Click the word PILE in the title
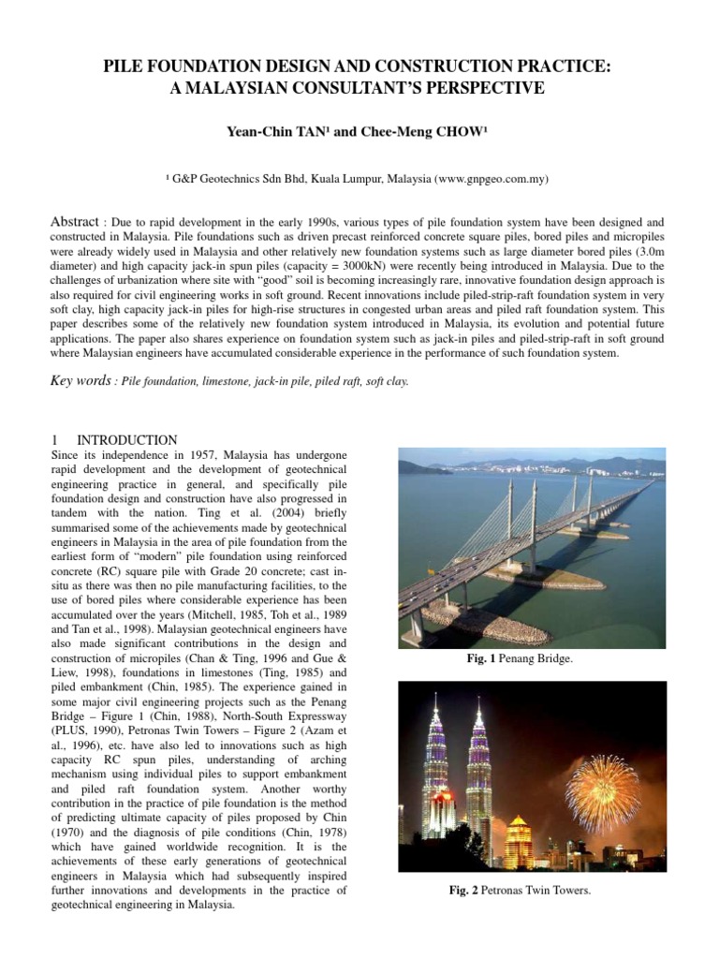(x=129, y=67)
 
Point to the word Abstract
(x=74, y=221)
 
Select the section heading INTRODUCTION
(x=127, y=439)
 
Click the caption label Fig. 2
(x=464, y=890)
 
